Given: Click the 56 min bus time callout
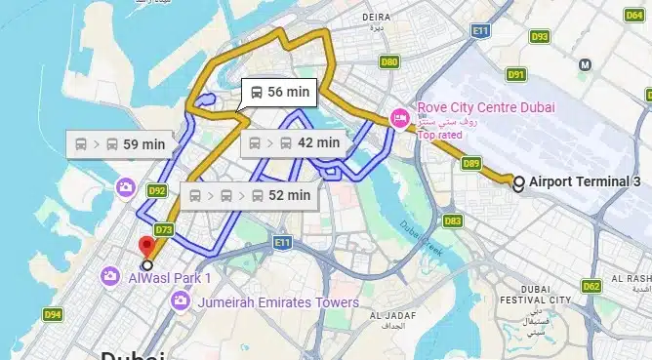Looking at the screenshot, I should point(278,92).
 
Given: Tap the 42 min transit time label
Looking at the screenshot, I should point(294,142).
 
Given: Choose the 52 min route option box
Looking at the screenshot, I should point(251,195).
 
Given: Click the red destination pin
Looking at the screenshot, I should point(147,247).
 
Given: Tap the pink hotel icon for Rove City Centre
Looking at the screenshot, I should point(399,117).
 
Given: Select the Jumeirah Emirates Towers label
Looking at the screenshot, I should point(278,302).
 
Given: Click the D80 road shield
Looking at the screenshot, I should point(389,62).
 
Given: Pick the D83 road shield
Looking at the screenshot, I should point(453,221).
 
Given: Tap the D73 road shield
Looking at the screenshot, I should point(163,230).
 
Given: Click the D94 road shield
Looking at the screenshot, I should point(53,314).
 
